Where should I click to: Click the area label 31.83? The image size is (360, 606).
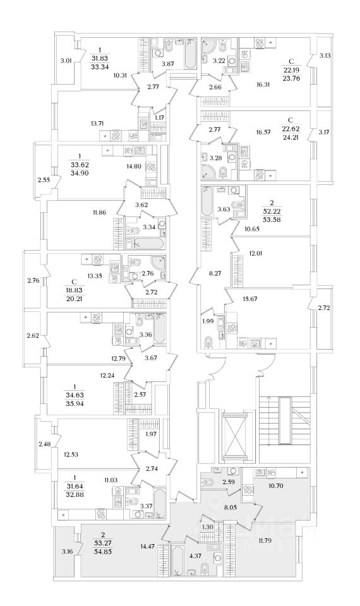click(x=99, y=58)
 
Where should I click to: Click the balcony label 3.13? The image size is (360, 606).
click(x=325, y=56)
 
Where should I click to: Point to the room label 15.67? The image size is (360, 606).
click(x=251, y=299)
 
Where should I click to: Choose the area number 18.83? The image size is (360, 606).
click(x=75, y=290)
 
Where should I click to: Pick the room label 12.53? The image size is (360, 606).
click(x=71, y=454)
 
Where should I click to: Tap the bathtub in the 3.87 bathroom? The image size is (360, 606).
click(x=190, y=54)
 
